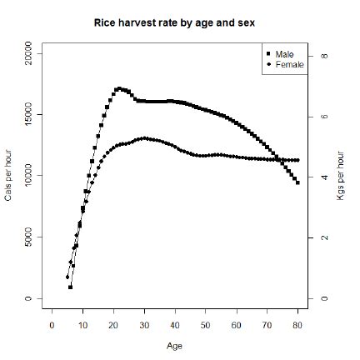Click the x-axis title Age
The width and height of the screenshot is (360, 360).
175,343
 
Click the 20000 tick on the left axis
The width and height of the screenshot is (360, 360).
29,52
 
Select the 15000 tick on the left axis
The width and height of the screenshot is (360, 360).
29,114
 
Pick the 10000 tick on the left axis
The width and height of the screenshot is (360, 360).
29,176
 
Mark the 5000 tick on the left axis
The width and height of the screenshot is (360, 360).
29,237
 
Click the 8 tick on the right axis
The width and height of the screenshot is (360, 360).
324,55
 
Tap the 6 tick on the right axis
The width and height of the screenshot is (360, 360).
324,116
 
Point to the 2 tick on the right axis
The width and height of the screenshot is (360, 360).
324,237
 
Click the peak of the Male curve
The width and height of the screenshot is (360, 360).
119,87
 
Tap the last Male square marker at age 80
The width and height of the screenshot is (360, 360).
297,182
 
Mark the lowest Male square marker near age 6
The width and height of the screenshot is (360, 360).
71,287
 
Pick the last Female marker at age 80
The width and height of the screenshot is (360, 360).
297,160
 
